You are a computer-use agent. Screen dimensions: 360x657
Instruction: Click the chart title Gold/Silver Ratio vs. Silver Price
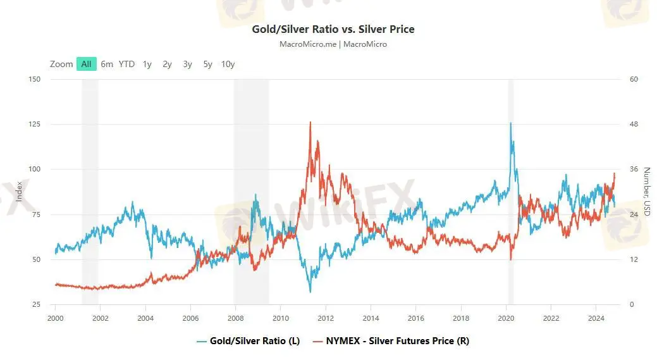[333, 29]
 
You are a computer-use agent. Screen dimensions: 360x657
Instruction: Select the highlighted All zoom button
[86, 64]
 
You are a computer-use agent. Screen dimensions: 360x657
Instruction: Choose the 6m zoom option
[107, 64]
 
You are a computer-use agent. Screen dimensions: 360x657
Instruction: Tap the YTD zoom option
[126, 64]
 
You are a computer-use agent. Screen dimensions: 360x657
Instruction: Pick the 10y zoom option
[228, 64]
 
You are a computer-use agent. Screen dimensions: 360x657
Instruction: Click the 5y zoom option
[208, 64]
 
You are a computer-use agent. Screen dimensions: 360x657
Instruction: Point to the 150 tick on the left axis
[35, 79]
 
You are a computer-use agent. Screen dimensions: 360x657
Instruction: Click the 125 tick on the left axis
[35, 124]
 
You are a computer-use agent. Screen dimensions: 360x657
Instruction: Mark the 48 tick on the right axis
[633, 124]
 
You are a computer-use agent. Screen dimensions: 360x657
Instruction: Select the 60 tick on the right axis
[633, 79]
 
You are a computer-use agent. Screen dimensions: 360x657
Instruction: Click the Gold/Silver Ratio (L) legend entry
[249, 341]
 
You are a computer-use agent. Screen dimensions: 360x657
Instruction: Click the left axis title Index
[20, 192]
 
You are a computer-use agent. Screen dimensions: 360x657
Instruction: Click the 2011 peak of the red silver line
[310, 122]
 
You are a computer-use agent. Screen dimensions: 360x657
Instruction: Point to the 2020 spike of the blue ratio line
[510, 123]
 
